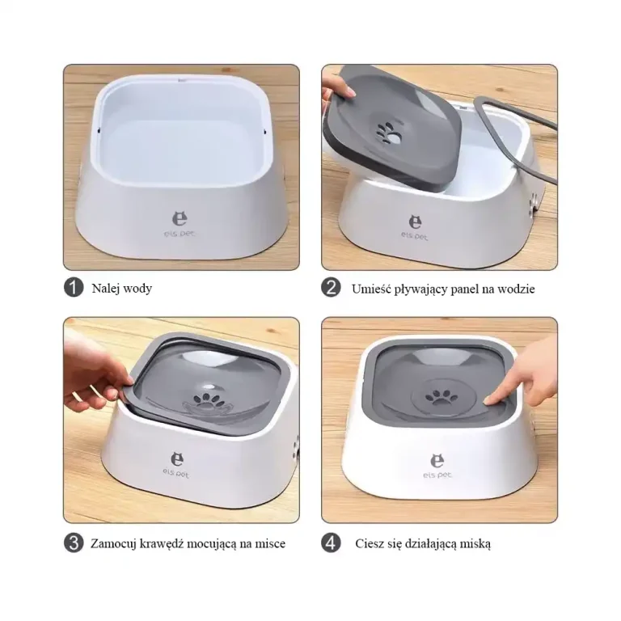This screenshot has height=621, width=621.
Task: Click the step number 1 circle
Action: [74, 288]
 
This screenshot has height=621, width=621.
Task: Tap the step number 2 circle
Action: [331, 288]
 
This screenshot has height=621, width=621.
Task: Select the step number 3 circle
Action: [74, 543]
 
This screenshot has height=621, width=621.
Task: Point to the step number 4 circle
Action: [331, 543]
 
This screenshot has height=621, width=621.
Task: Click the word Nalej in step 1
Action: [104, 289]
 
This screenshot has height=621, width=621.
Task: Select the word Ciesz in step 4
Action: [368, 543]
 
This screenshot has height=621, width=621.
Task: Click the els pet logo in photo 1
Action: [180, 224]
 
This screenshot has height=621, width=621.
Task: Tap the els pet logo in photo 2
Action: [414, 227]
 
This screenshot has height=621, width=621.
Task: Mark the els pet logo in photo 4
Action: [437, 466]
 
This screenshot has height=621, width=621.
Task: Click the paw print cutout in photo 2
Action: [387, 132]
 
